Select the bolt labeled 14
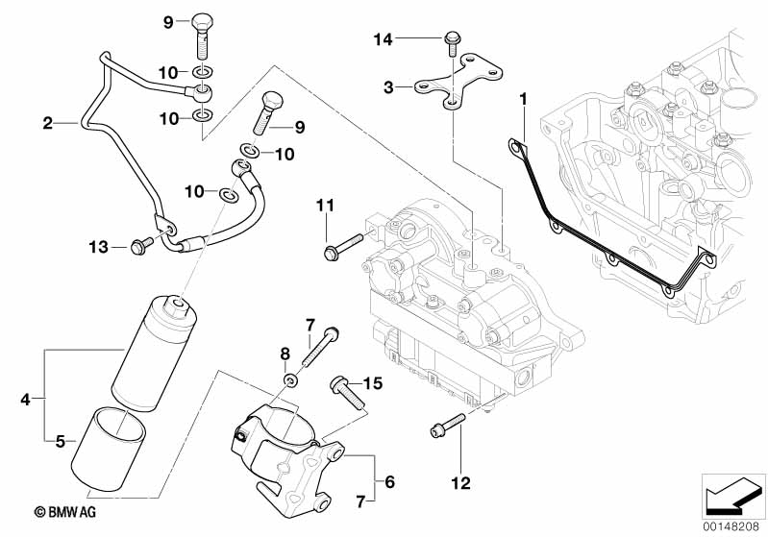point(450,39)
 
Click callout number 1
point(524,99)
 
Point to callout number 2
point(47,123)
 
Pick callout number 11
point(324,205)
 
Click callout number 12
point(462,482)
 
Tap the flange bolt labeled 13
point(137,248)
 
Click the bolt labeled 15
point(346,389)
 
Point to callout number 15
point(373,383)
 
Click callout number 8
point(285,354)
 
